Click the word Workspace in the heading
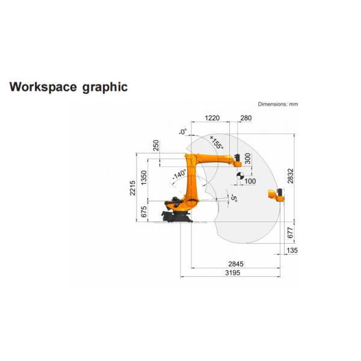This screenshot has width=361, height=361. (43, 87)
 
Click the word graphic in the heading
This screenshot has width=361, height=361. (105, 87)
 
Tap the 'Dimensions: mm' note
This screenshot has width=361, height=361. (278, 104)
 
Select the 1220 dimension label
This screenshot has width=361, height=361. (212, 118)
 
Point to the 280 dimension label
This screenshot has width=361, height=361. (246, 118)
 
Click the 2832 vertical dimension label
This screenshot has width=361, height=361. (291, 176)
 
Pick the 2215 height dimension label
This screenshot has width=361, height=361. (132, 188)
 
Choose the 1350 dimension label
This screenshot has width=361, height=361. (143, 177)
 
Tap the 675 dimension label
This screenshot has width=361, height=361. (143, 212)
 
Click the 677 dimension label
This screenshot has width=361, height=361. (290, 233)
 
